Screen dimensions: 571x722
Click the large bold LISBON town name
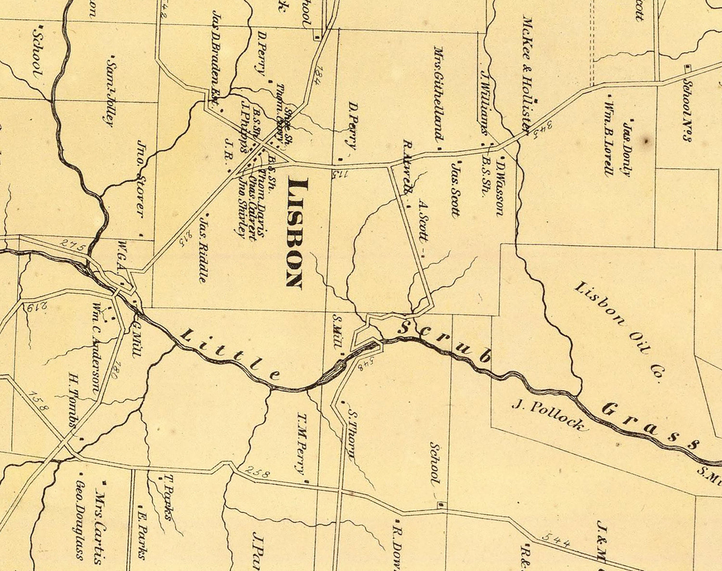[295, 233]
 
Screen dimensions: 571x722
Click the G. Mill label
[135, 340]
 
